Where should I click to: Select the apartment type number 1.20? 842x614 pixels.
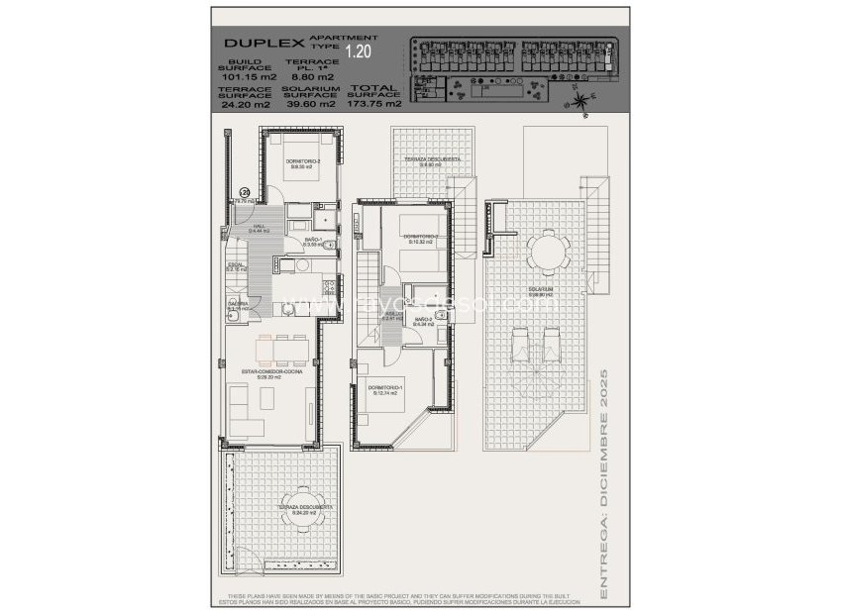tap(358, 47)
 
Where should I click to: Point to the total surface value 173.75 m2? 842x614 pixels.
tap(377, 103)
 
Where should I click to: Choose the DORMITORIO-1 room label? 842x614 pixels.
tap(385, 388)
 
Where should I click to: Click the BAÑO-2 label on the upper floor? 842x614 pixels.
tap(423, 319)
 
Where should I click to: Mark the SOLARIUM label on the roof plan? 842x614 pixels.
tap(540, 290)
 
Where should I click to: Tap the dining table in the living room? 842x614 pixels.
tap(283, 348)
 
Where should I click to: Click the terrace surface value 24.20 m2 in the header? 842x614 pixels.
tap(244, 103)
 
